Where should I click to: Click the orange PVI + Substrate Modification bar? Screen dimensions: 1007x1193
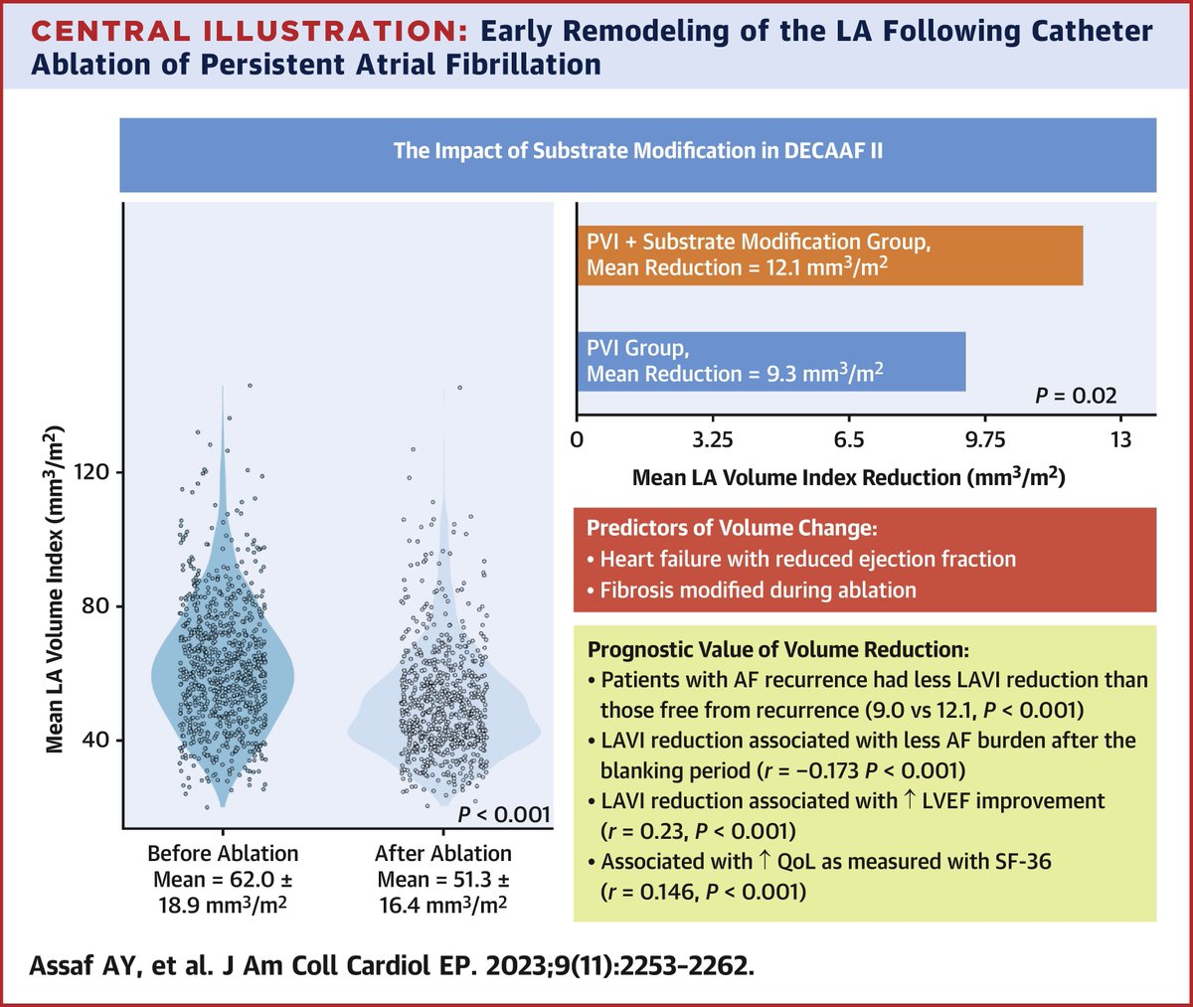pyautogui.click(x=829, y=255)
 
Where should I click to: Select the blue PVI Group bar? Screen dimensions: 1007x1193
pyautogui.click(x=770, y=361)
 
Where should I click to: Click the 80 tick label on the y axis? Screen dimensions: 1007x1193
pyautogui.click(x=97, y=605)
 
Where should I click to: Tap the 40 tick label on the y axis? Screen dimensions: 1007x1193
pyautogui.click(x=97, y=740)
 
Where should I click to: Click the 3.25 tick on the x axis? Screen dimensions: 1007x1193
pyautogui.click(x=712, y=439)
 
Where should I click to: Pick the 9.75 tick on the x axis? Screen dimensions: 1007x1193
pyautogui.click(x=984, y=439)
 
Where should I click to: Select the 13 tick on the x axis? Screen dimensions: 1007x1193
pyautogui.click(x=1120, y=439)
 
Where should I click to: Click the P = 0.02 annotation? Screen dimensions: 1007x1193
pyautogui.click(x=1076, y=396)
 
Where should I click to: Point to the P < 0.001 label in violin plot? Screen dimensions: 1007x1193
pyautogui.click(x=503, y=814)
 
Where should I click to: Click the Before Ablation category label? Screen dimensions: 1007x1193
pyautogui.click(x=223, y=853)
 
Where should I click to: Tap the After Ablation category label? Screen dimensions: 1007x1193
pyautogui.click(x=443, y=853)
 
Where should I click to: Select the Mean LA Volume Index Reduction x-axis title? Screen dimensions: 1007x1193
pyautogui.click(x=848, y=477)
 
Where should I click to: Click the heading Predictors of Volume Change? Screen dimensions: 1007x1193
pyautogui.click(x=732, y=529)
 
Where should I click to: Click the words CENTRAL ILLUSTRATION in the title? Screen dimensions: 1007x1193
pyautogui.click(x=249, y=31)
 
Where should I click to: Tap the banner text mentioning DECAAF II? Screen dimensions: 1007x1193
pyautogui.click(x=637, y=151)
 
